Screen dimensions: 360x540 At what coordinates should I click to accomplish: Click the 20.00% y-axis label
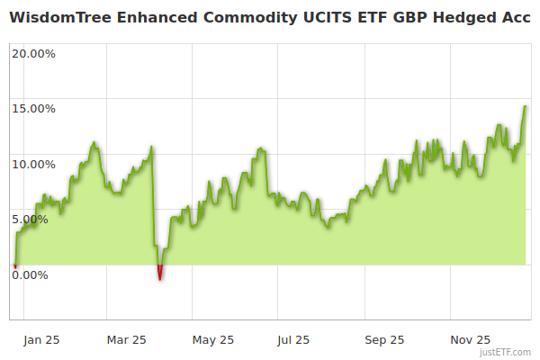pyautogui.click(x=33, y=53)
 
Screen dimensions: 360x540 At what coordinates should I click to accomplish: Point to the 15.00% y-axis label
pyautogui.click(x=33, y=109)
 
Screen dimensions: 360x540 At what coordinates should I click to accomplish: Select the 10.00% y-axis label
pyautogui.click(x=33, y=164)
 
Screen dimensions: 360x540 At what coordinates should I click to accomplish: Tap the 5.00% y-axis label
pyautogui.click(x=30, y=219)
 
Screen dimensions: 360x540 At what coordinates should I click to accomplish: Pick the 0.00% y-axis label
pyautogui.click(x=30, y=274)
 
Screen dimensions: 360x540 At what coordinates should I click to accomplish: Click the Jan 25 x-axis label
pyautogui.click(x=41, y=340)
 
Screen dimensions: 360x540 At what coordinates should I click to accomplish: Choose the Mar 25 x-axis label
pyautogui.click(x=126, y=340)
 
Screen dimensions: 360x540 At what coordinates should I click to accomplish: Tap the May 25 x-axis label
pyautogui.click(x=213, y=340)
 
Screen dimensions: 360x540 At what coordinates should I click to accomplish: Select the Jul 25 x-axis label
pyautogui.click(x=292, y=340)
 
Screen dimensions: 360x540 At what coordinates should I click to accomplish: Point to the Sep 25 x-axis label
pyautogui.click(x=384, y=340)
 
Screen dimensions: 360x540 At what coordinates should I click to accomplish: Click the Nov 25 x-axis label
pyautogui.click(x=470, y=340)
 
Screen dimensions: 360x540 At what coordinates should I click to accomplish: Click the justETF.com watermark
pyautogui.click(x=506, y=353)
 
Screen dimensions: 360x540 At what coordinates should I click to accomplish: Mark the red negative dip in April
pyautogui.click(x=160, y=273)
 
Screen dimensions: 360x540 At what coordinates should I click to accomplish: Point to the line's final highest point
pyautogui.click(x=526, y=106)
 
